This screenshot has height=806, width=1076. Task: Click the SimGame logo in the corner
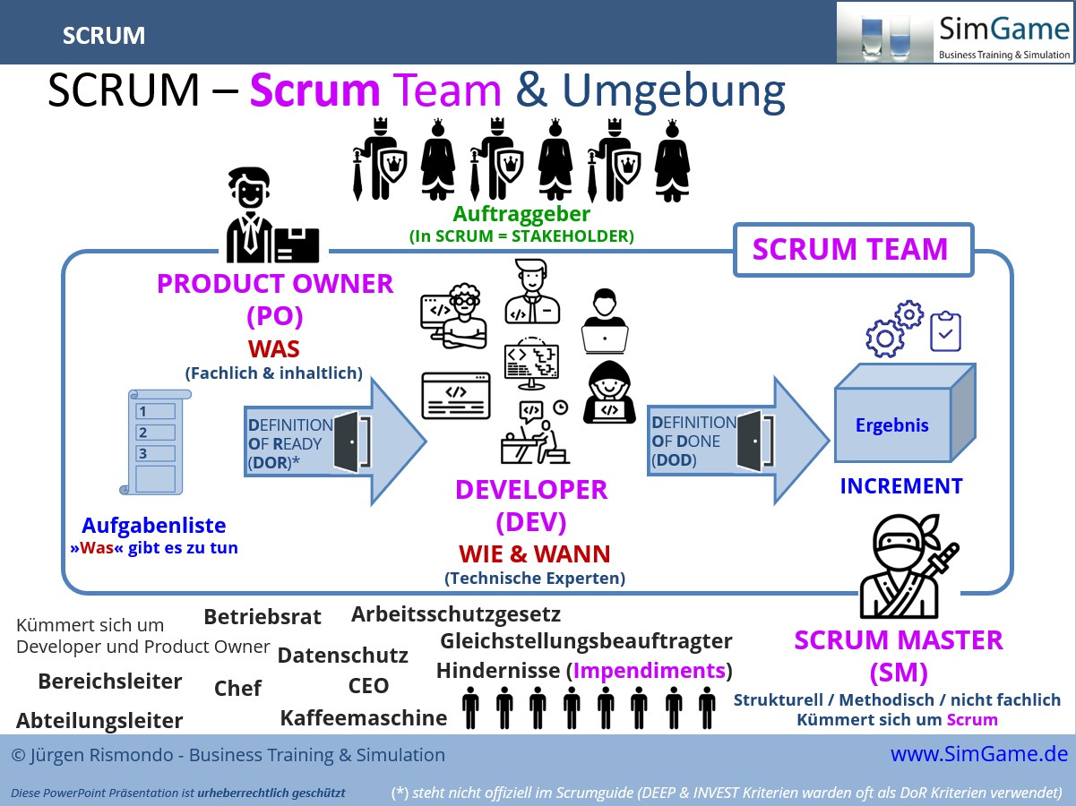coord(954,32)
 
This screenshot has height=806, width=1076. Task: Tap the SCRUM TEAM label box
coord(850,249)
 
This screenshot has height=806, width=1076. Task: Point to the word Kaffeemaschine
coord(363,717)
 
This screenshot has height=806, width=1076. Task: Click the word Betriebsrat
coord(263,616)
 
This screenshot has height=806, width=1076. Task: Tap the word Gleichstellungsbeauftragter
coord(586,641)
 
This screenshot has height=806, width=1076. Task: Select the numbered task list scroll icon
coord(153,442)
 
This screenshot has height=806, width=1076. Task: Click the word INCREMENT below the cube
coord(900,486)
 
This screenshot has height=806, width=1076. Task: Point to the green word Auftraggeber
coord(521,214)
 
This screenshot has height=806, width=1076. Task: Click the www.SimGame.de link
coord(978,754)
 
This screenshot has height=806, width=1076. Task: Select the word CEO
coord(368,686)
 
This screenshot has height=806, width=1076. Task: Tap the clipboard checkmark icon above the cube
coord(945,330)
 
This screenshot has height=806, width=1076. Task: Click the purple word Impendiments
coord(650,671)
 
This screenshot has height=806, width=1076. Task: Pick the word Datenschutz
coord(342,656)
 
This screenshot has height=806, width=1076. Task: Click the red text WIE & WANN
coord(535,553)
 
